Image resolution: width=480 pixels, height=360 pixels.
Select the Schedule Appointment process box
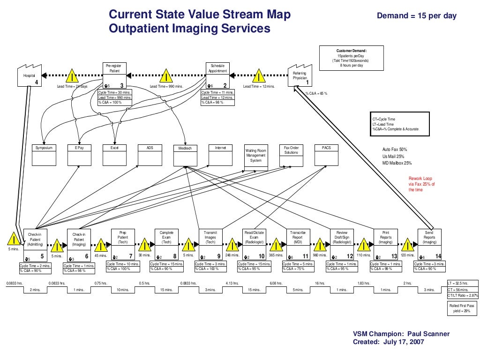point(217,75)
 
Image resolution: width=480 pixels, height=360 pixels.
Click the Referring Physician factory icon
point(300,77)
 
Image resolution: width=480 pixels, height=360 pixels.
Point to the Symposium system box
point(44,155)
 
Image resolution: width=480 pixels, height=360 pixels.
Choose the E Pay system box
point(79,155)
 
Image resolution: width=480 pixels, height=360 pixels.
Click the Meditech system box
point(185,155)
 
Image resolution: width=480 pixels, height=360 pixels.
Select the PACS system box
point(326,155)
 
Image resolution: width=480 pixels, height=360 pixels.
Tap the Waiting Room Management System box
point(256,156)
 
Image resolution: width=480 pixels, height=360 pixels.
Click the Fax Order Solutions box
point(291,155)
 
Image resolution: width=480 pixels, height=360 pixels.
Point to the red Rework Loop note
point(421,184)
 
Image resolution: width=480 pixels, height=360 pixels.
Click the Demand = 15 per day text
point(417,16)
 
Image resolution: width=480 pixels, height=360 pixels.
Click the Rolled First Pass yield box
point(464,308)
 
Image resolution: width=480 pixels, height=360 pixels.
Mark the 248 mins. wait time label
point(232,255)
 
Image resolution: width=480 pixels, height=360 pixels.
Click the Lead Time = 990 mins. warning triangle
point(166,76)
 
